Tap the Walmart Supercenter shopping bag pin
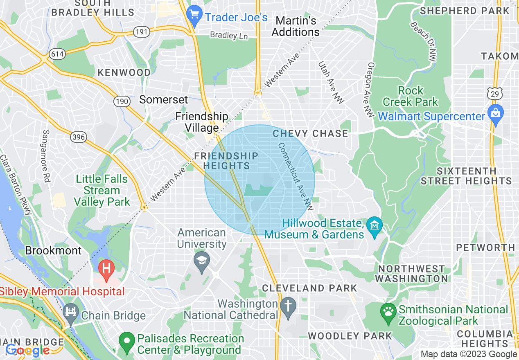click(495, 115)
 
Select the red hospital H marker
click(106, 270)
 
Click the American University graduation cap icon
click(201, 262)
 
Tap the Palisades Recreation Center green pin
click(127, 342)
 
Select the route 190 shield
click(122, 101)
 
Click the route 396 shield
click(78, 136)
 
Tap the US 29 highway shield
click(493, 93)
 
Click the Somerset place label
click(164, 99)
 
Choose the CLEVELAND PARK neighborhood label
click(309, 288)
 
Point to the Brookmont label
click(53, 250)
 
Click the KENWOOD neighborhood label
click(124, 73)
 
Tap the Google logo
click(27, 350)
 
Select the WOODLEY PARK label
click(350, 336)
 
